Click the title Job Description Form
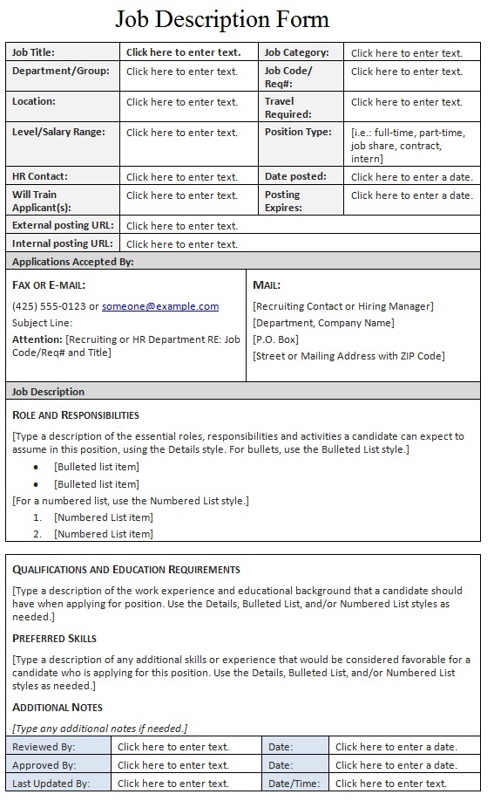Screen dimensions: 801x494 [x=222, y=19]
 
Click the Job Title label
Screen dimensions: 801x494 [x=33, y=52]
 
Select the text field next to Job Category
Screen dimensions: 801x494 [x=406, y=53]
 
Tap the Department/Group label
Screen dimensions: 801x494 [x=61, y=71]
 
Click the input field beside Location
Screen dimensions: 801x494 [x=181, y=102]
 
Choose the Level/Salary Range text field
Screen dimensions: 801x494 [x=181, y=133]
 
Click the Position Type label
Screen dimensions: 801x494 [x=298, y=133]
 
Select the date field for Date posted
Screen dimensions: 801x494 [x=411, y=176]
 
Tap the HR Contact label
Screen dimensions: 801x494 [x=39, y=176]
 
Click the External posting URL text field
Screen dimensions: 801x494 [x=181, y=225]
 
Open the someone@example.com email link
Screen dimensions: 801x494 [x=160, y=306]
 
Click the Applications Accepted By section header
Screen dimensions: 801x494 [x=73, y=261]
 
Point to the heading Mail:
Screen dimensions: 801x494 [x=267, y=285]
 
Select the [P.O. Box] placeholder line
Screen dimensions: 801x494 [x=275, y=339]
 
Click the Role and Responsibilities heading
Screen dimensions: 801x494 [x=76, y=414]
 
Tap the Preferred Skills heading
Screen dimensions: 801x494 [x=54, y=638]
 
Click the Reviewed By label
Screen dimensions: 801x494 [x=44, y=747]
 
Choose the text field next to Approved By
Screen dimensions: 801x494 [x=173, y=765]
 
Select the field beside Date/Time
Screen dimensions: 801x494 [x=390, y=784]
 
